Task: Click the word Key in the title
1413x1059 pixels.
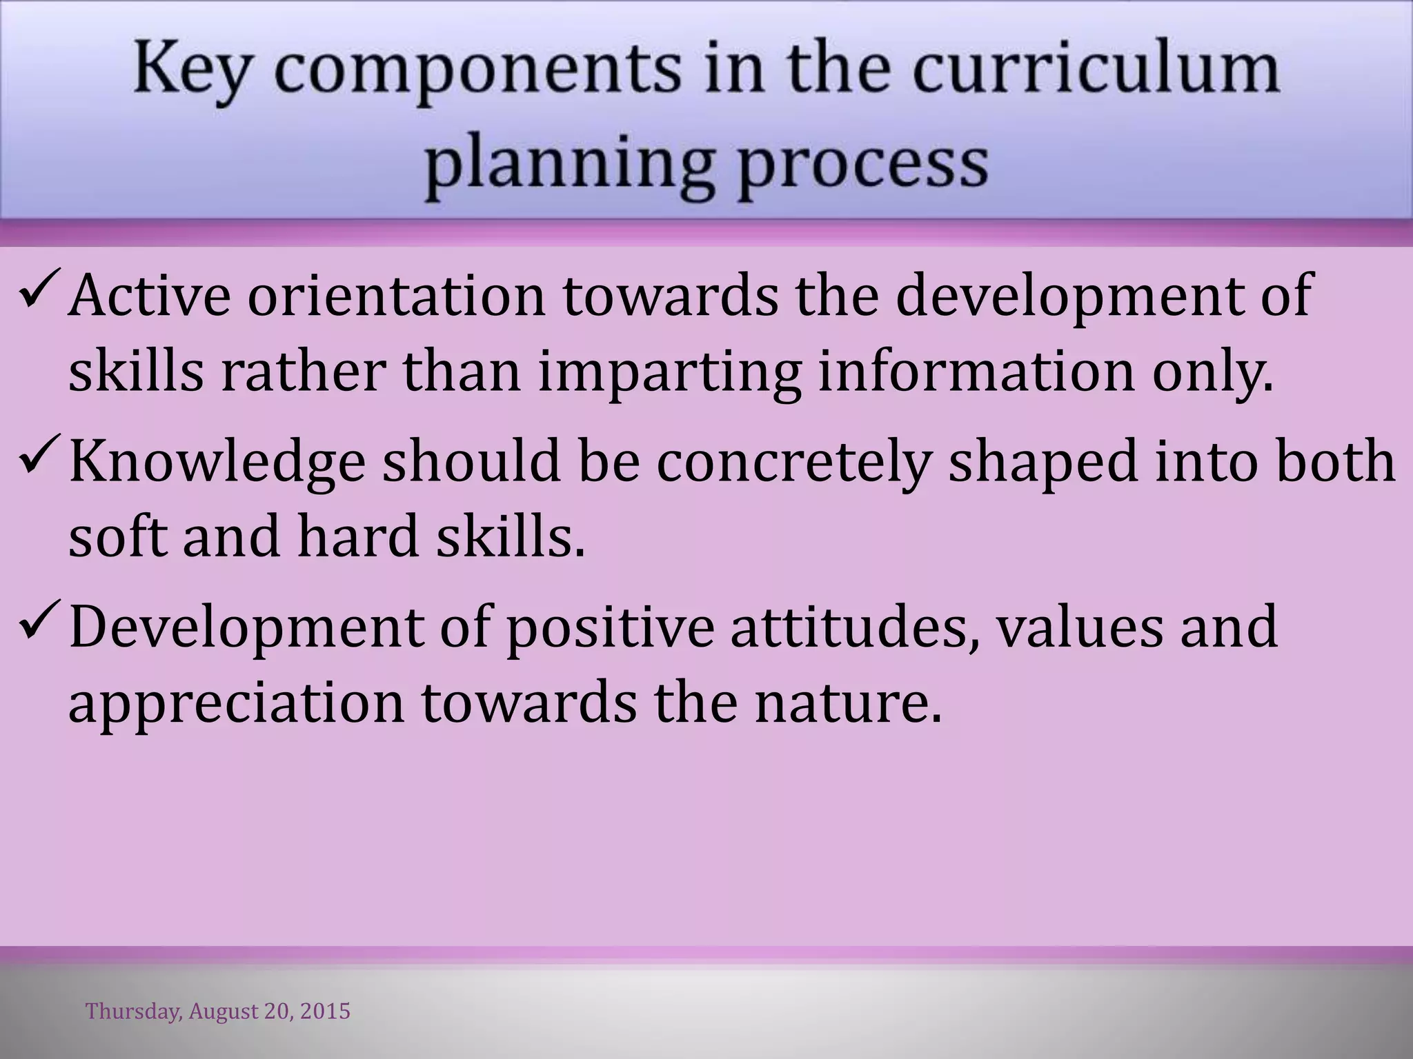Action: point(190,71)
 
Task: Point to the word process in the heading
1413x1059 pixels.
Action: point(862,164)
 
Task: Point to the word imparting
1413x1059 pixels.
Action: point(669,373)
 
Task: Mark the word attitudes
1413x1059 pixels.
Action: point(856,627)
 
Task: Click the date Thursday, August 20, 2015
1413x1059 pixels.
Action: point(218,1011)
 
